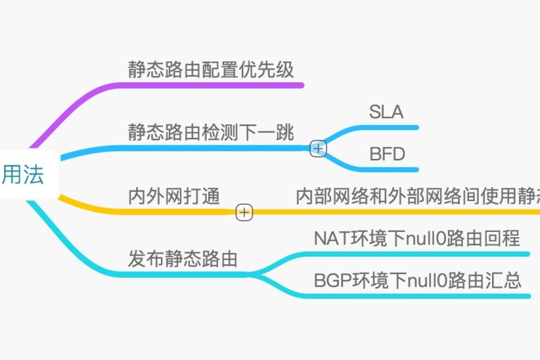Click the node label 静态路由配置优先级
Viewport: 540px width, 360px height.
(210, 69)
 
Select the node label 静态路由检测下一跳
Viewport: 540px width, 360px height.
(210, 131)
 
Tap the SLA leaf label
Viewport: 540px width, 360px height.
(386, 112)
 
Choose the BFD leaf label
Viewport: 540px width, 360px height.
(387, 153)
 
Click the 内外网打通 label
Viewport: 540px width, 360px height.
(174, 195)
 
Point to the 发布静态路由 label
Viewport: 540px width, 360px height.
(182, 258)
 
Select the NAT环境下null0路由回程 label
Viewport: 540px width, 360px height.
(417, 238)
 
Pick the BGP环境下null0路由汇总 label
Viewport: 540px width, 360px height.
(417, 281)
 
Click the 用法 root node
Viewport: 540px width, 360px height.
(22, 174)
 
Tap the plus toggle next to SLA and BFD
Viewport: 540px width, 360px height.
(318, 148)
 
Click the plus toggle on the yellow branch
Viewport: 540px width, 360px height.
(244, 212)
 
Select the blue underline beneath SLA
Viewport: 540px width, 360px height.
(387, 128)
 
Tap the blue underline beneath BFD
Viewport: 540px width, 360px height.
(387, 169)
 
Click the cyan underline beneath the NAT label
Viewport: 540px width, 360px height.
(422, 254)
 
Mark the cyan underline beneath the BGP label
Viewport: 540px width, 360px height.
(422, 296)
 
